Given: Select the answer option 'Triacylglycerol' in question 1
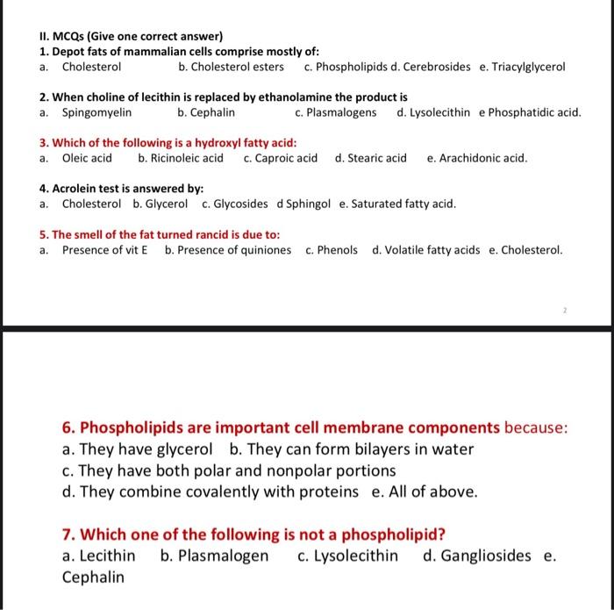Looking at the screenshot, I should click(528, 67).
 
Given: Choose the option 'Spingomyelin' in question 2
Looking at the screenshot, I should click(96, 112).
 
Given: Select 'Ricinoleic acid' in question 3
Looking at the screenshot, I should click(187, 158).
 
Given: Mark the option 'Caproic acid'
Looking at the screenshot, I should click(286, 158).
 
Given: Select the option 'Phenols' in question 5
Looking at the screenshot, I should click(337, 249).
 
